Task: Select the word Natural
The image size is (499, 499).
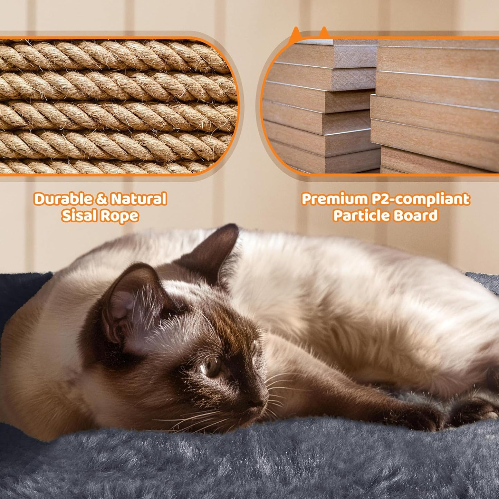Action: pos(139,199)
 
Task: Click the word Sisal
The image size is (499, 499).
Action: pos(79,216)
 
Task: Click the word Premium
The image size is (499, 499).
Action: pos(329,199)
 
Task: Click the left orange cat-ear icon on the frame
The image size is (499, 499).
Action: pos(295,35)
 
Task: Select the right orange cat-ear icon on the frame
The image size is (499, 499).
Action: pos(324,32)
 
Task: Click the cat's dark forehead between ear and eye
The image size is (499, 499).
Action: pos(193,328)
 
